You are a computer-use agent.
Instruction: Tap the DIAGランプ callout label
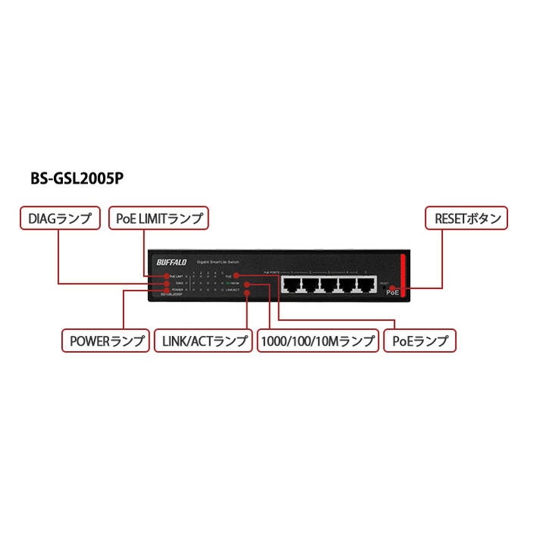(x=59, y=219)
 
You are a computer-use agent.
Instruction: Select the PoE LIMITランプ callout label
(x=158, y=219)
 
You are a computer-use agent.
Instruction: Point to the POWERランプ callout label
(x=106, y=341)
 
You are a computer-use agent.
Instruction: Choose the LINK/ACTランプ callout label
(x=204, y=341)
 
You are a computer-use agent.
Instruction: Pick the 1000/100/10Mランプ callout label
(x=318, y=341)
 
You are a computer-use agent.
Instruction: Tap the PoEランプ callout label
(x=420, y=341)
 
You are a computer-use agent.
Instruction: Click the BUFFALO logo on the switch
(x=171, y=262)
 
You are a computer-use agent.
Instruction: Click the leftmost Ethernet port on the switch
(x=292, y=285)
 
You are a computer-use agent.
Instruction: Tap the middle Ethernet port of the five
(x=329, y=285)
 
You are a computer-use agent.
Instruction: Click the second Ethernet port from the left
(x=310, y=285)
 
